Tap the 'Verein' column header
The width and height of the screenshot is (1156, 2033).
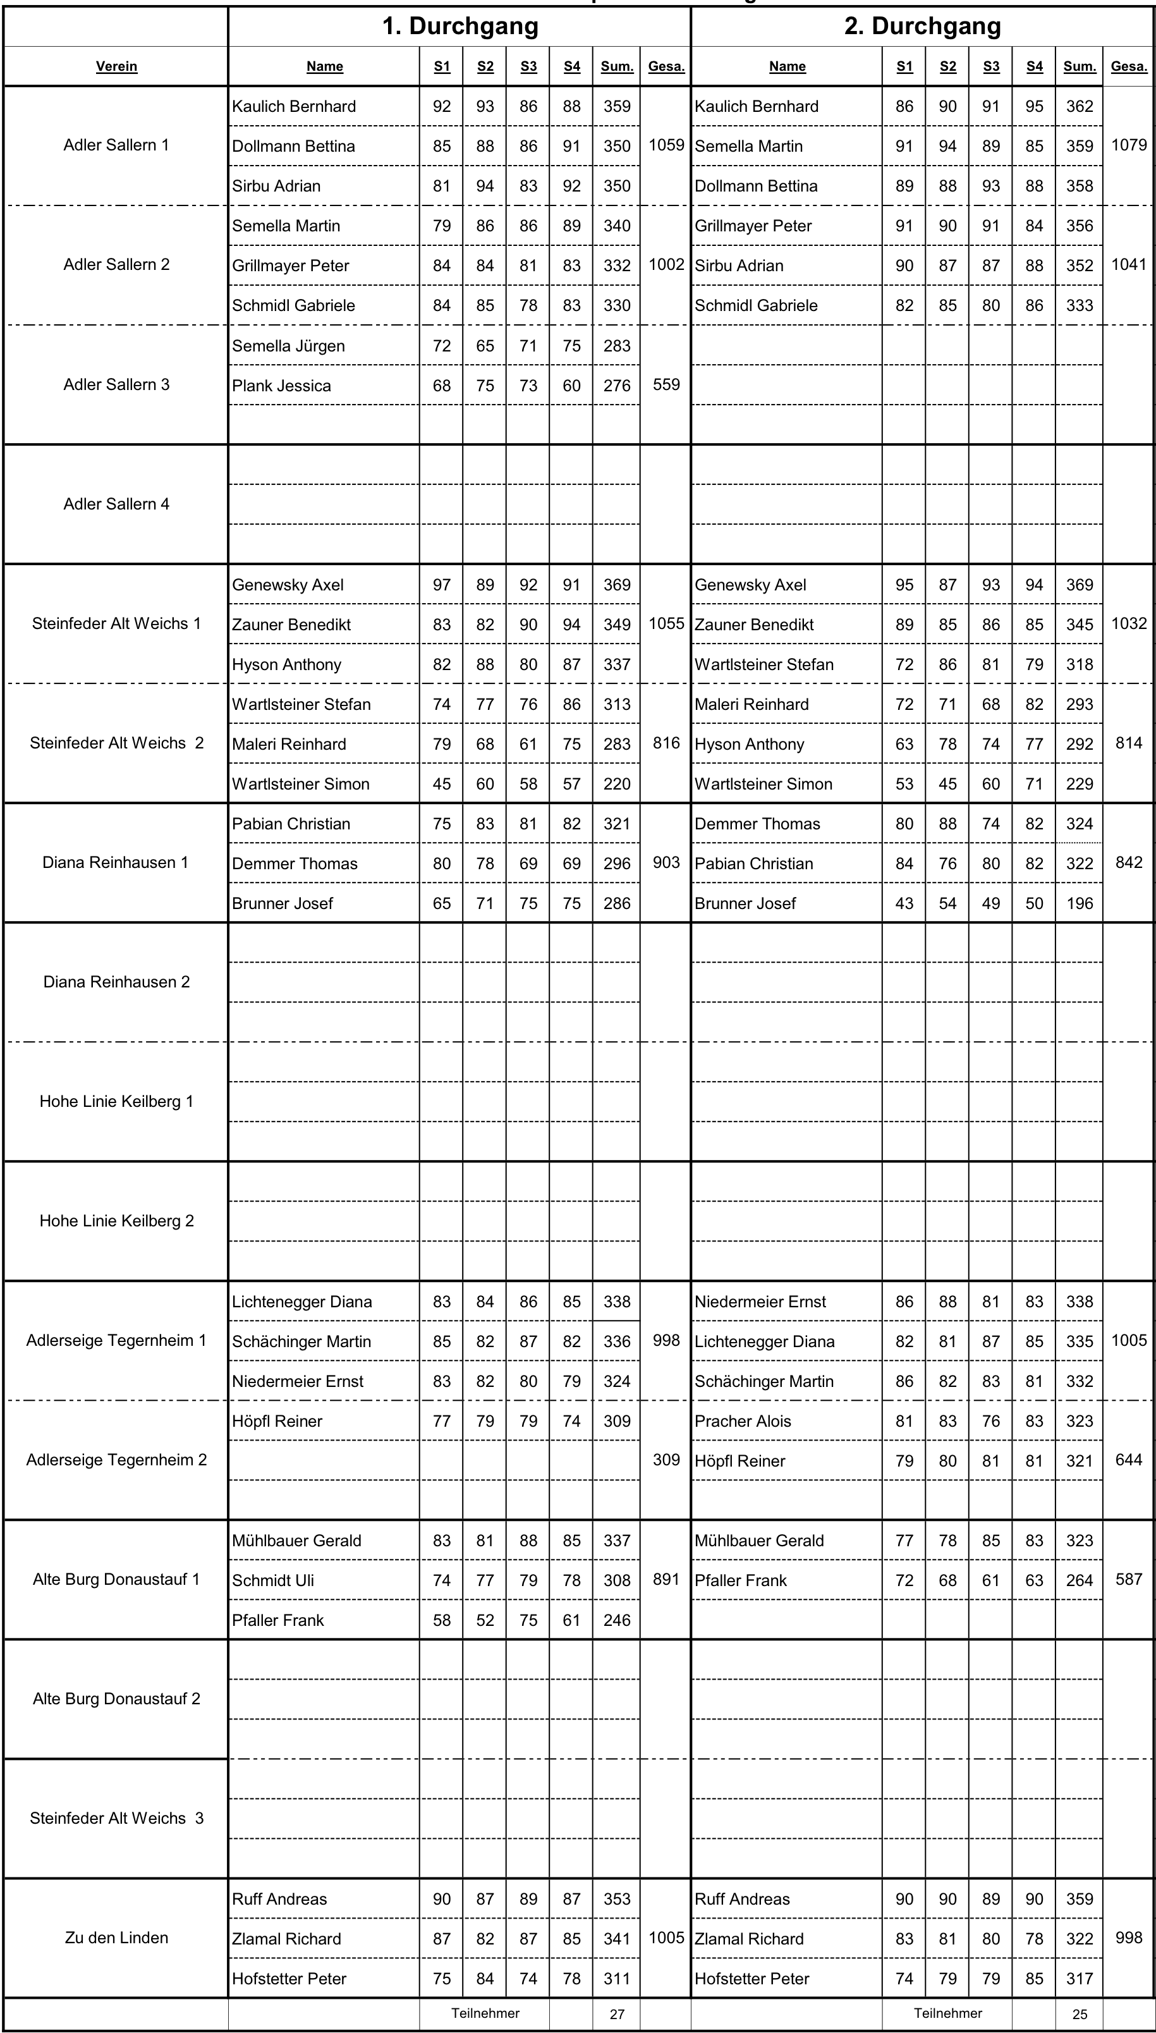pyautogui.click(x=117, y=66)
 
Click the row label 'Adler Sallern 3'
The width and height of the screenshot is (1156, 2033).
pyautogui.click(x=117, y=385)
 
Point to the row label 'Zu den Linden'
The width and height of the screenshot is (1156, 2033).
pyautogui.click(x=117, y=1938)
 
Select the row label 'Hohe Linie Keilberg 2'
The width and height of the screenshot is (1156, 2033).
pyautogui.click(x=117, y=1221)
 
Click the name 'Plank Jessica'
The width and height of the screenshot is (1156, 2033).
pyautogui.click(x=281, y=386)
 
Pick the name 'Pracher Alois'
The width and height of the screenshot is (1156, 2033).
pyautogui.click(x=743, y=1421)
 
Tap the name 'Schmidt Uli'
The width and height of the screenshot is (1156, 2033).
pyautogui.click(x=272, y=1580)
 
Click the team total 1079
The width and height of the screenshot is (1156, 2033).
pyautogui.click(x=1128, y=145)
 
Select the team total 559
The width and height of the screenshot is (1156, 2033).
pyautogui.click(x=666, y=385)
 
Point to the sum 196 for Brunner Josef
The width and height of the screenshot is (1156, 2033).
pyautogui.click(x=1079, y=903)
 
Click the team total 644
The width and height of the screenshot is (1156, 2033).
pyautogui.click(x=1128, y=1460)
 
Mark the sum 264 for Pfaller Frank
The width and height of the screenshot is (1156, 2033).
pyautogui.click(x=1079, y=1580)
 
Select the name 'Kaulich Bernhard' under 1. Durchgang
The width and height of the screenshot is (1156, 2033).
pyautogui.click(x=294, y=106)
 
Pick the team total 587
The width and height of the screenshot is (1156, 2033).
pyautogui.click(x=1128, y=1579)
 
